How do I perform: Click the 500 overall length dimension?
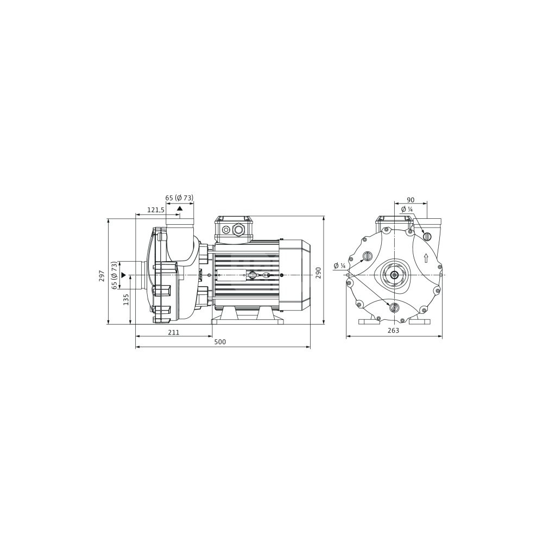click(220, 342)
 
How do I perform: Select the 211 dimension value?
click(174, 332)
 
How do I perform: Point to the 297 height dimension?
click(102, 276)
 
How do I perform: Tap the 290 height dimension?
click(318, 273)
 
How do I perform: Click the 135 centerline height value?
click(126, 300)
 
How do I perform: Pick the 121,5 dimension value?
click(156, 210)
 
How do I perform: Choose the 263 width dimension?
click(393, 330)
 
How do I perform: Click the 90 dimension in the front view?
click(411, 200)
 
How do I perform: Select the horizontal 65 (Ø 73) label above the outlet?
click(179, 198)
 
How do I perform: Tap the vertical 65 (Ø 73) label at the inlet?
click(114, 276)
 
